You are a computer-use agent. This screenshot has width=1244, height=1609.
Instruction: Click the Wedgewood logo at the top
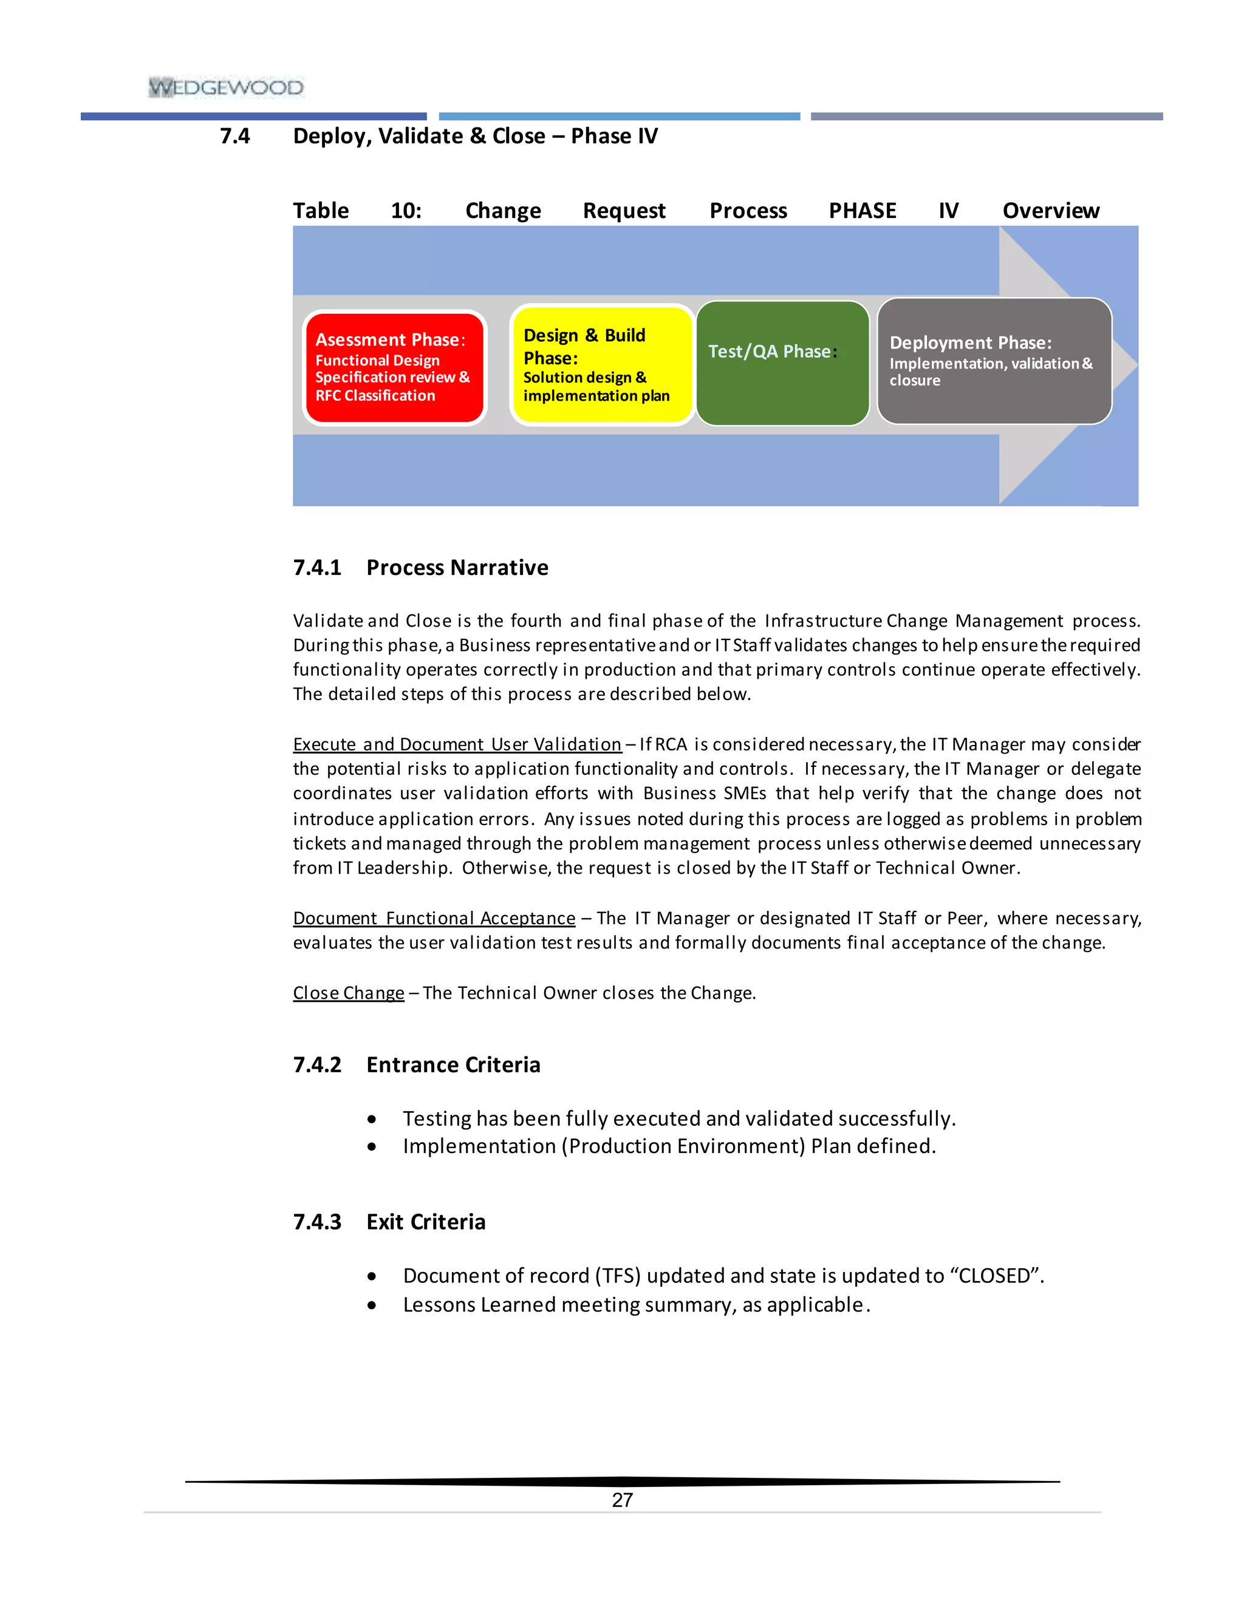tap(225, 87)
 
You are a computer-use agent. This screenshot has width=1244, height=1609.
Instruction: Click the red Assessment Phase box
tap(394, 367)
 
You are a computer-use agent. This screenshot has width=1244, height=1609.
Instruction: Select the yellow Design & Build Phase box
tap(601, 366)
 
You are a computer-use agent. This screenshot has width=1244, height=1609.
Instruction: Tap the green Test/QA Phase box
tap(782, 363)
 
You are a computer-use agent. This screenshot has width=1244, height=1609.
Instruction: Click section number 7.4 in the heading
tap(234, 136)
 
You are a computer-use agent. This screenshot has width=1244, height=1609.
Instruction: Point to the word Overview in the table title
tap(1050, 211)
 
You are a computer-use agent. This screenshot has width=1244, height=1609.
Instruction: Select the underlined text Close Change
tap(349, 993)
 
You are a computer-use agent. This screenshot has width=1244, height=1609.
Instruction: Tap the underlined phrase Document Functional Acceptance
tap(434, 919)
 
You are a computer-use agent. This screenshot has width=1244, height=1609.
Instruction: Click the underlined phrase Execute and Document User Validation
tap(457, 745)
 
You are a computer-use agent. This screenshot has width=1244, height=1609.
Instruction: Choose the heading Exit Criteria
tap(426, 1222)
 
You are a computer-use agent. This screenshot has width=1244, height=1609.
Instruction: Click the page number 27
tap(622, 1500)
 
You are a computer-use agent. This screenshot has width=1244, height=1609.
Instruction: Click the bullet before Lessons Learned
tap(372, 1305)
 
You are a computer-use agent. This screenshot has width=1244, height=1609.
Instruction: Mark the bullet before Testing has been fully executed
tap(372, 1120)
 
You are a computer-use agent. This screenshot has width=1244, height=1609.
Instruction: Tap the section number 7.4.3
tap(317, 1222)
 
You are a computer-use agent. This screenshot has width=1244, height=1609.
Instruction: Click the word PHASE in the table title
tap(863, 211)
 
